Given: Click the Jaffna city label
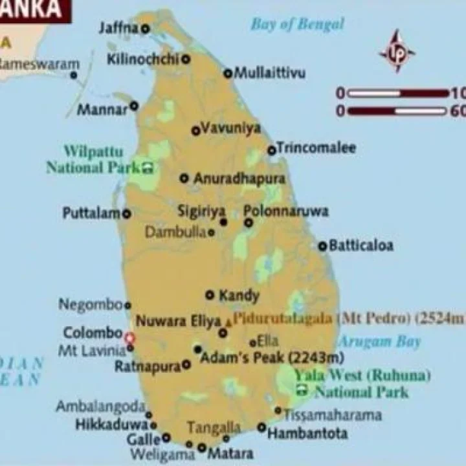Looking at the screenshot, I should (119, 28).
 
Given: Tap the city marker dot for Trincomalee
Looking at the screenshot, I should (272, 150).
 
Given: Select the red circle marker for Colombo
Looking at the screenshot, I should (129, 337).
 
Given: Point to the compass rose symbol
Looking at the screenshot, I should (396, 50).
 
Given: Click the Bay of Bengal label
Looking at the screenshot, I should (297, 25).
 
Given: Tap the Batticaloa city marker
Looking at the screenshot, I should (322, 246).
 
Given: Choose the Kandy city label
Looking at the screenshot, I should (239, 296).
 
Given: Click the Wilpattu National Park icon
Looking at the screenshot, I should (148, 168).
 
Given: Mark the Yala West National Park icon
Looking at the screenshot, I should (302, 390).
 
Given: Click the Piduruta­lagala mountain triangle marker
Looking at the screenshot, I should (228, 321).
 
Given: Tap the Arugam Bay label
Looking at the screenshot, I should (380, 341).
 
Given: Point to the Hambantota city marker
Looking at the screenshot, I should (261, 427).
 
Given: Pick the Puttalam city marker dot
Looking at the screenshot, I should (127, 214).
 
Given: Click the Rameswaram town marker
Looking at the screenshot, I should (74, 75).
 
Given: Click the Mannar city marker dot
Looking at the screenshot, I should (134, 105).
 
